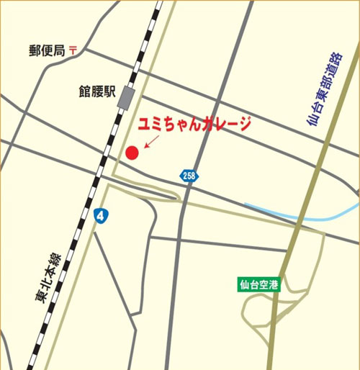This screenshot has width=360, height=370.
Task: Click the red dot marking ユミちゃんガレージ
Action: pyautogui.click(x=132, y=153)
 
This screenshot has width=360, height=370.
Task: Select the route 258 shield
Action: pyautogui.click(x=189, y=176)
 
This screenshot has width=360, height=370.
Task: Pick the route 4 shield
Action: pyautogui.click(x=101, y=215)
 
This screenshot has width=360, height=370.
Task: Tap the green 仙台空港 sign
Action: pyautogui.click(x=259, y=284)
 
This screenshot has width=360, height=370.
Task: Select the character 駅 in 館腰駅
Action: pyautogui.click(x=110, y=92)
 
